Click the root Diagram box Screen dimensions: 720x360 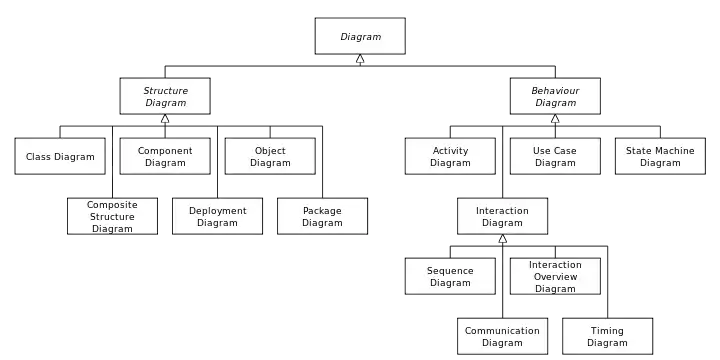point(360,36)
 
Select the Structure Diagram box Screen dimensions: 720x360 point(165,96)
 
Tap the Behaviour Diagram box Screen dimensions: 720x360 point(555,96)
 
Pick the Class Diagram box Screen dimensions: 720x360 point(60,156)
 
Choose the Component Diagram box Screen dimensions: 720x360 point(165,156)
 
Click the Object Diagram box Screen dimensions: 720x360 point(270,156)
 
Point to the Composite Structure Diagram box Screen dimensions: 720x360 point(112,216)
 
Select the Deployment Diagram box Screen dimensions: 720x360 point(218,216)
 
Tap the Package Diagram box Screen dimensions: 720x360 point(322,216)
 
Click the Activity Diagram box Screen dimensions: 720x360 point(450,156)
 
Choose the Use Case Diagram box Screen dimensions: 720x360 point(555,156)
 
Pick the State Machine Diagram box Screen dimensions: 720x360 point(660,156)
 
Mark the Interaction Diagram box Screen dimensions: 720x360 point(502,216)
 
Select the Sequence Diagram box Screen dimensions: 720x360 point(450,276)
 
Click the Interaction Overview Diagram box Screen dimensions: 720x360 point(555,276)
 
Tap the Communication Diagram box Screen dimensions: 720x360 point(502,337)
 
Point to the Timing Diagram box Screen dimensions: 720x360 point(608,337)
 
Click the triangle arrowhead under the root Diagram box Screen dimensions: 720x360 point(360,58)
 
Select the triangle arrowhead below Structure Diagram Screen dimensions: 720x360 point(165,118)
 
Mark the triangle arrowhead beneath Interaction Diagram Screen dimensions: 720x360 point(502,239)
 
